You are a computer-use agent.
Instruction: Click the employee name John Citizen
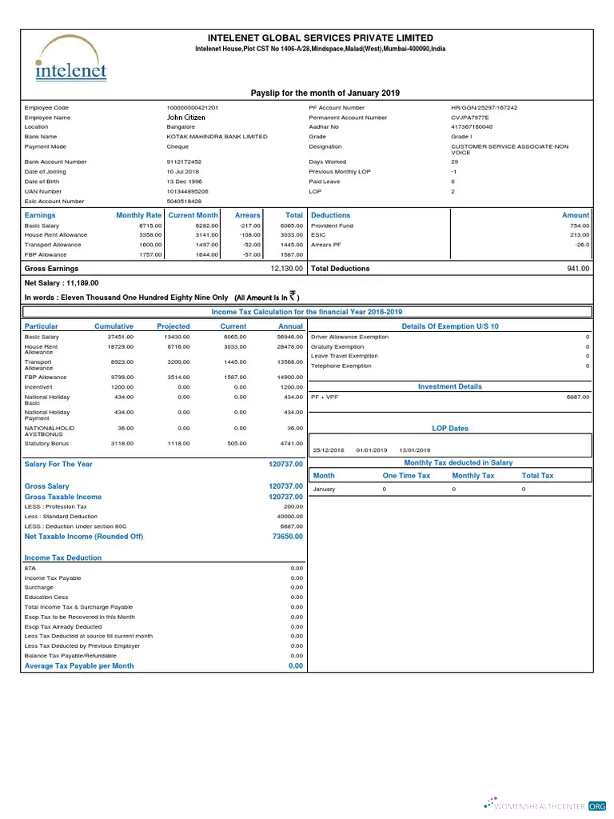coord(185,118)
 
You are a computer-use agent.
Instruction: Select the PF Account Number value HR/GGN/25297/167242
coord(484,108)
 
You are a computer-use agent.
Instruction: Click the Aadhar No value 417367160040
coord(472,127)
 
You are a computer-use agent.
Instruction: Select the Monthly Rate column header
coord(138,215)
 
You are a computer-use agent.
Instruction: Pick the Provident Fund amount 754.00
coord(578,226)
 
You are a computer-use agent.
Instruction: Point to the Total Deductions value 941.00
coord(577,269)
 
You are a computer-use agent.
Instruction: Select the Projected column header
coord(173,326)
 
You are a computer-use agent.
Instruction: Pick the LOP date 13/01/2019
coord(415,450)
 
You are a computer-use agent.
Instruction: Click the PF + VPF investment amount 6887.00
coord(577,397)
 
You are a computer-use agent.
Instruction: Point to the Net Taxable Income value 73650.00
coord(288,537)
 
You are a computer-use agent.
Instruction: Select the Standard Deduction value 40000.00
coord(290,517)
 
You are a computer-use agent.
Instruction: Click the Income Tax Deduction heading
coord(63,558)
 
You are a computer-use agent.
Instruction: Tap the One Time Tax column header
coord(406,476)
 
